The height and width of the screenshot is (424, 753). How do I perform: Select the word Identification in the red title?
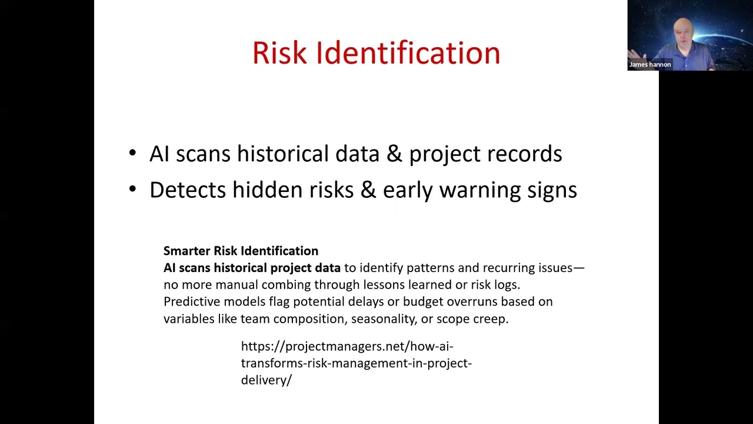coord(408,53)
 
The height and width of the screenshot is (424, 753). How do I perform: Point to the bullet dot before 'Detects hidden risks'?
coord(132,190)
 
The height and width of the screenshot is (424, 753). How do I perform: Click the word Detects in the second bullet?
coord(188,190)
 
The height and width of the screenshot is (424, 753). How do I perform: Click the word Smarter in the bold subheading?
coord(186,251)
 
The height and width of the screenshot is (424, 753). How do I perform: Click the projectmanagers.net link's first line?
coord(347,346)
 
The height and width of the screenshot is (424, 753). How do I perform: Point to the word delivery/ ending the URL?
coord(266,380)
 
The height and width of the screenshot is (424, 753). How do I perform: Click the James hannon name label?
coord(650,65)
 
